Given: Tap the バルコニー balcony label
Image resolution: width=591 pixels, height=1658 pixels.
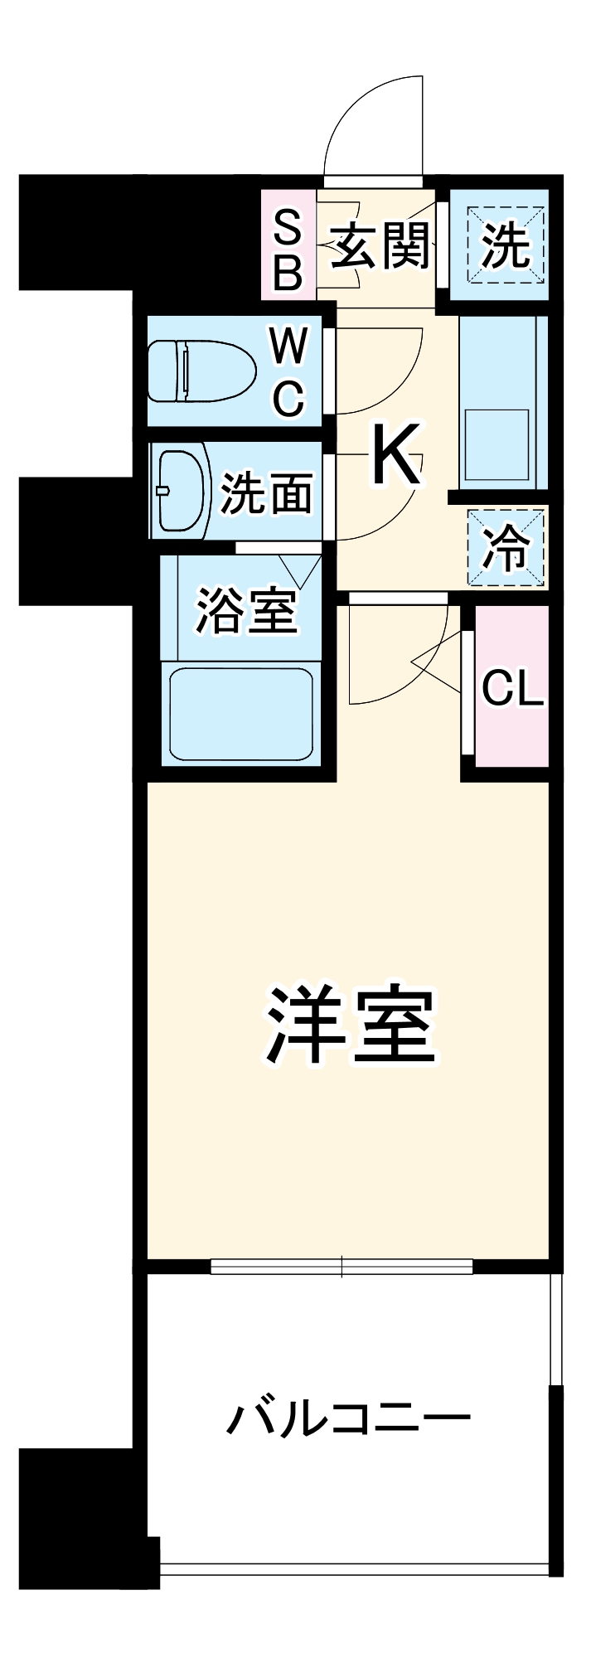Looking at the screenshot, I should [348, 1419].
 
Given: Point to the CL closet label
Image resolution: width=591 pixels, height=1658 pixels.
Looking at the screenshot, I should [512, 687].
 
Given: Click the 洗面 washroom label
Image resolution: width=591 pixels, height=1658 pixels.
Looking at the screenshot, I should [266, 493].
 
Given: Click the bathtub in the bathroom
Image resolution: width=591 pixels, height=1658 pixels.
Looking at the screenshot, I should [240, 715].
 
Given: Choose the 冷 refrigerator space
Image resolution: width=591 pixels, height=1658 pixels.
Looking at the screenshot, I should [506, 548].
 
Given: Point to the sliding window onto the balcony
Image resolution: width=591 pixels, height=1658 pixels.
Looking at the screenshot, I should [342, 1266].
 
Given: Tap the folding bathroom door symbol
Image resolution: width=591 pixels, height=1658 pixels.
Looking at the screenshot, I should [299, 569].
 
